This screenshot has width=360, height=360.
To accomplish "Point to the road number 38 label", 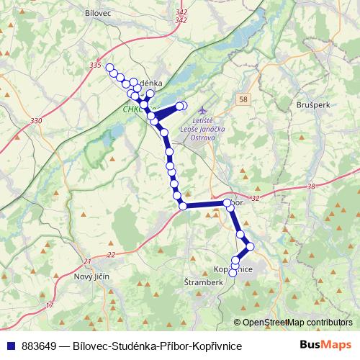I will click(311, 186).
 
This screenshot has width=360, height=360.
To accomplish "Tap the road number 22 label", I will click(110, 255).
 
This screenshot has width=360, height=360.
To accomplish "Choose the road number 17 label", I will click(50, 306).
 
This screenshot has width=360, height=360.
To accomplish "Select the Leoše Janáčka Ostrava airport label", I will click(207, 129).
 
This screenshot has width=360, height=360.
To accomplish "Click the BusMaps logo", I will click(326, 346).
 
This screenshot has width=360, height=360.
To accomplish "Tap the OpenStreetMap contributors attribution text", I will click(297, 323).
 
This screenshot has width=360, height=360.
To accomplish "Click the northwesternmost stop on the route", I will click(110, 68).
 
